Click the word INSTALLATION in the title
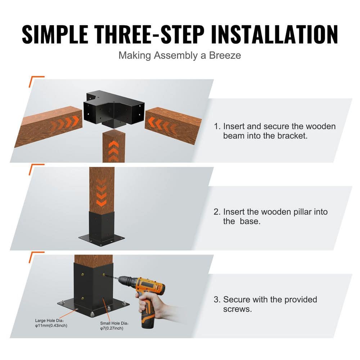coord(274,35)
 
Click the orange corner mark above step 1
coord(36,81)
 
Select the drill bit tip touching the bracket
coord(105,276)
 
